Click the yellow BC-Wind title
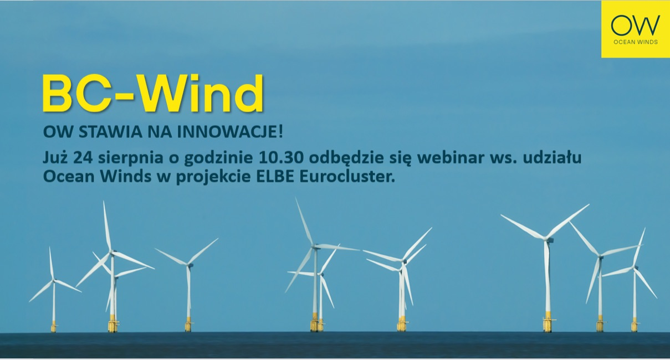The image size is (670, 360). (153, 93)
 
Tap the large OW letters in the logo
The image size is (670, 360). (636, 25)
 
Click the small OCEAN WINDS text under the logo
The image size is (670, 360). (636, 42)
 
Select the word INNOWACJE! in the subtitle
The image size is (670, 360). (230, 132)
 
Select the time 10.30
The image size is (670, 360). (281, 158)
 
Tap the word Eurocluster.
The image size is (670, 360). (347, 177)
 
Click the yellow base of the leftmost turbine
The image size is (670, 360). (54, 327)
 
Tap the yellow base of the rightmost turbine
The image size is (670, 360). (634, 325)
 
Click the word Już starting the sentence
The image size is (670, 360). (55, 158)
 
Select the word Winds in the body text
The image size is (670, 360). (126, 177)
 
